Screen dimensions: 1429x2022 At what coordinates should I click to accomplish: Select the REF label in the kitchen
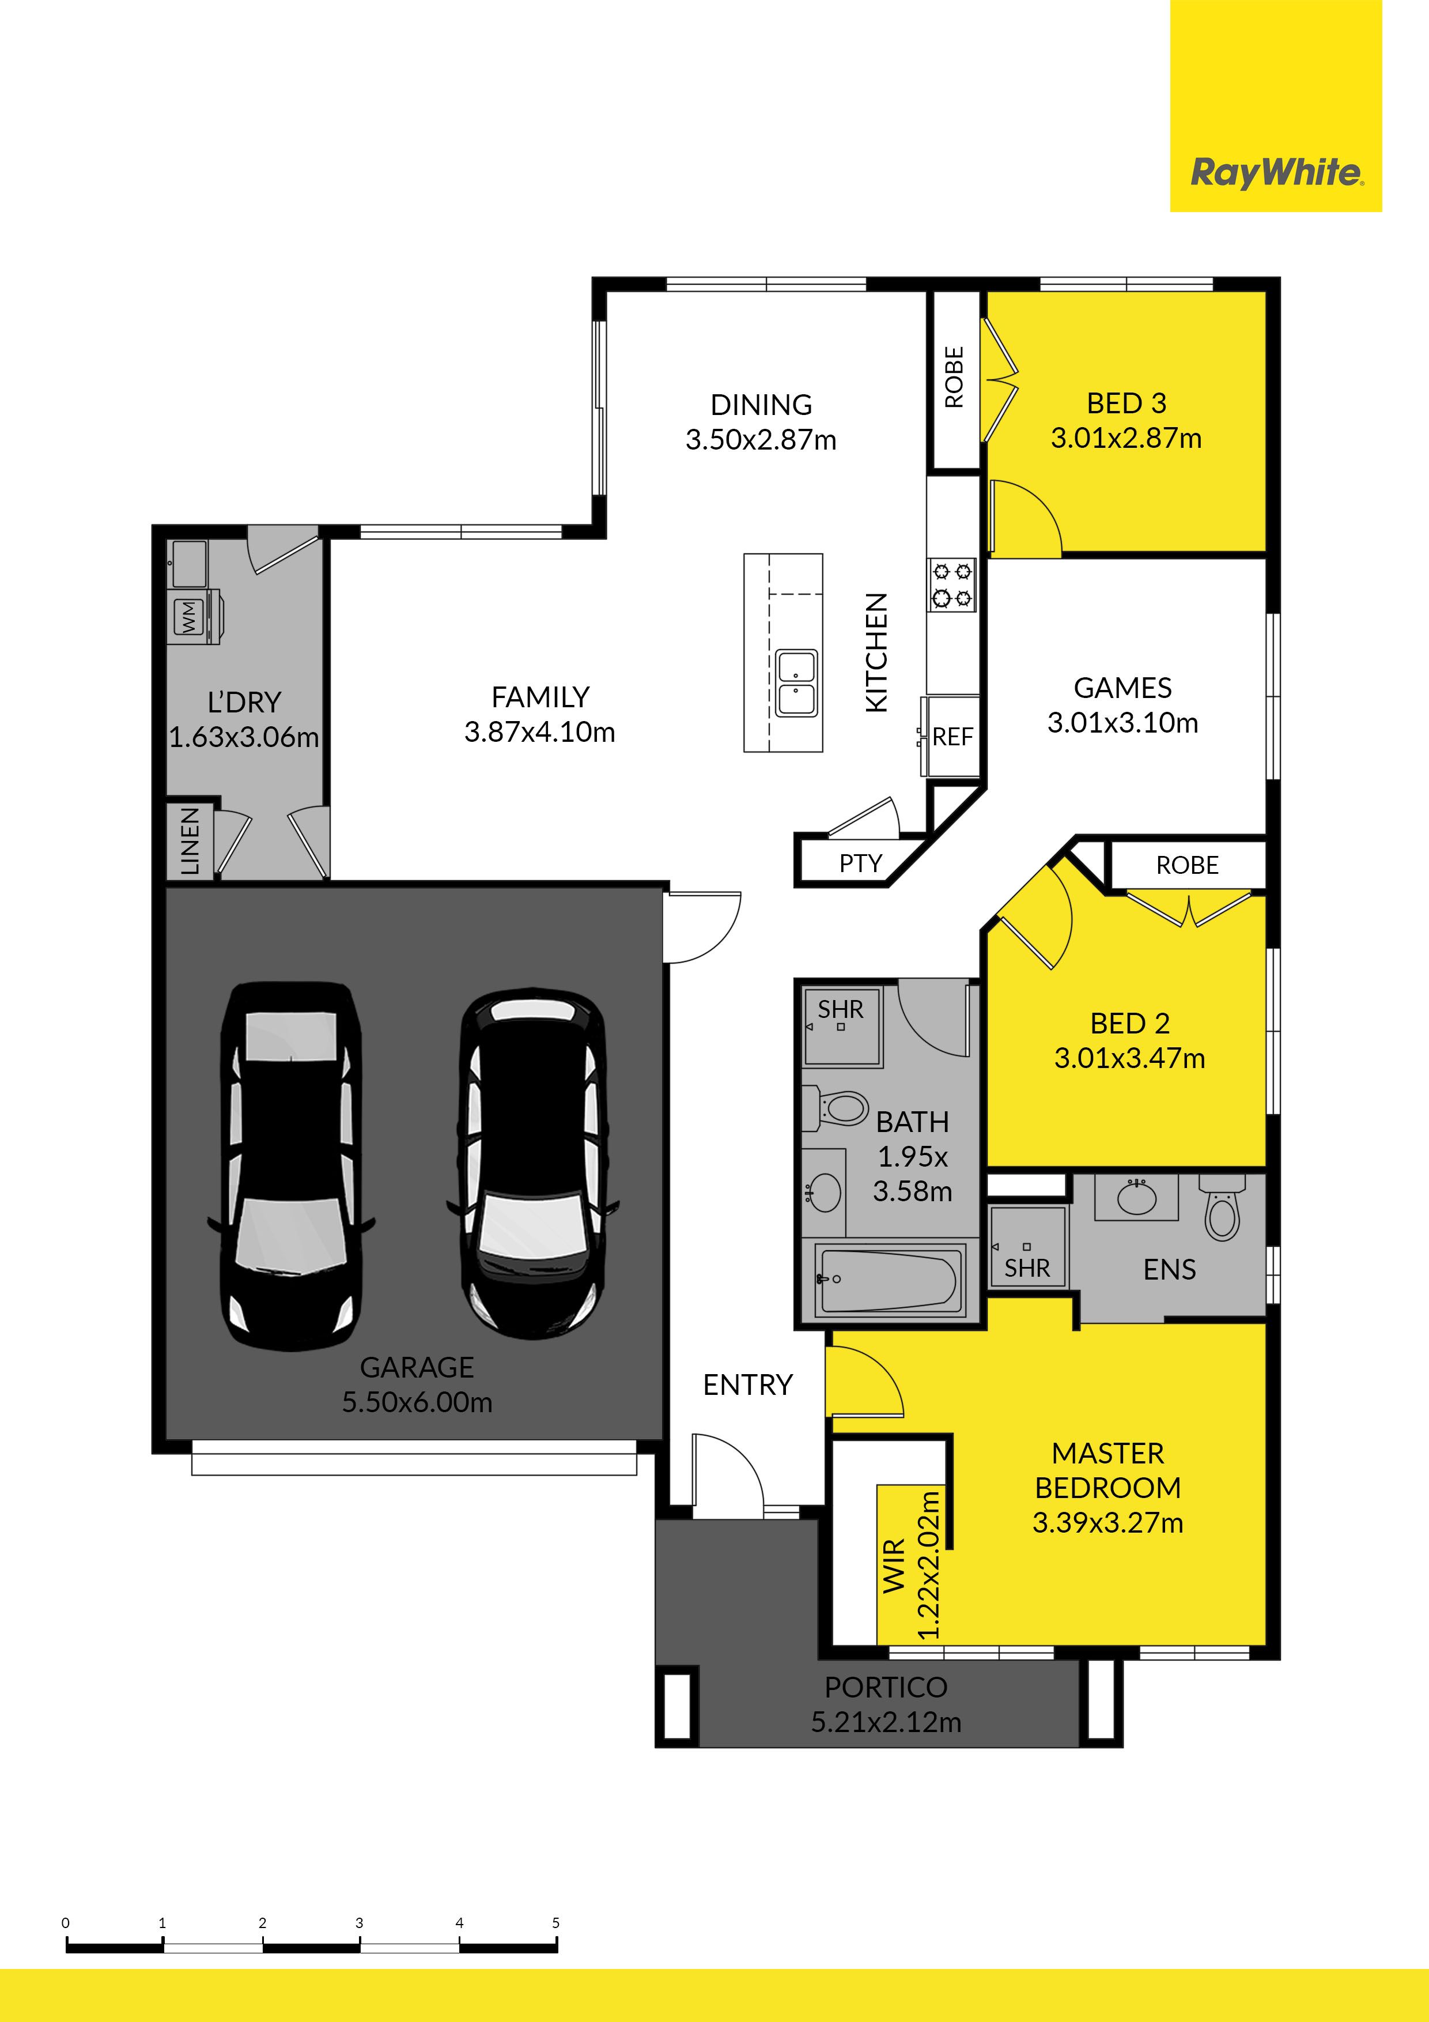[952, 736]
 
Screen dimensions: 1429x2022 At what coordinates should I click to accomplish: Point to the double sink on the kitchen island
[797, 682]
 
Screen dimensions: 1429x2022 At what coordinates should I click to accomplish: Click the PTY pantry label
[860, 863]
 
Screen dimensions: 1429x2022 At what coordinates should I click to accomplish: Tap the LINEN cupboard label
[190, 842]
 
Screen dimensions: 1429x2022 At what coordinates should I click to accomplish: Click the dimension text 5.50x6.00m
[417, 1401]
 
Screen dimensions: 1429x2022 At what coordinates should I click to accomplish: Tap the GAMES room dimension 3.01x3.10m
[1122, 723]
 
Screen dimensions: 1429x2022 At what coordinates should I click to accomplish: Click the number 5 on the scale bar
[555, 1922]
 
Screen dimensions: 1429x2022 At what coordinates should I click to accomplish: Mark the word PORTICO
[886, 1687]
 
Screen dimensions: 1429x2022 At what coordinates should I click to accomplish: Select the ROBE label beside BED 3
[954, 377]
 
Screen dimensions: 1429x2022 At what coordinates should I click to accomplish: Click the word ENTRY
[747, 1385]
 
